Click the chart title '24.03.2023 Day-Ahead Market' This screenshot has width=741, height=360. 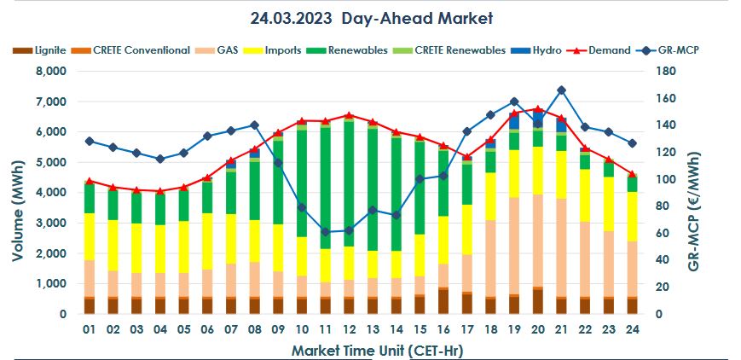[371, 18]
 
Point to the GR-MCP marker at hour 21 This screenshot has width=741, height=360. [561, 90]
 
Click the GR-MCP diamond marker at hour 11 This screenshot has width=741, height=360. [325, 232]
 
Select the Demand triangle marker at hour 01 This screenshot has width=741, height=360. [89, 181]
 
